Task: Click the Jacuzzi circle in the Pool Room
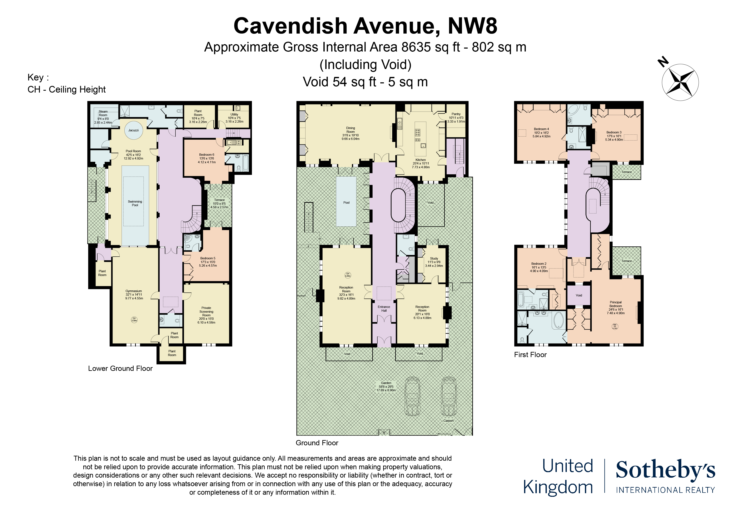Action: [x=133, y=130]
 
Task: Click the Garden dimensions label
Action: [x=386, y=386]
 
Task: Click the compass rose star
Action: [x=680, y=82]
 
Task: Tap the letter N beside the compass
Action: [x=663, y=61]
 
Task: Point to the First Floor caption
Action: [x=530, y=355]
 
